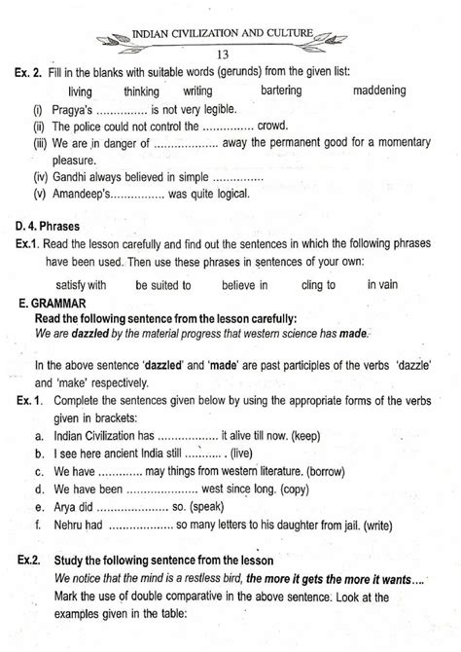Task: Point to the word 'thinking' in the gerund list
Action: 149,91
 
